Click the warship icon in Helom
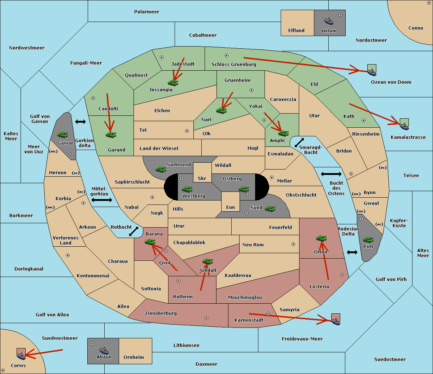(329, 21)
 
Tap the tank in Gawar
(62, 135)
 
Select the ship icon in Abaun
(104, 350)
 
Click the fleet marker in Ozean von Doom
(372, 70)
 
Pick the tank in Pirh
(368, 239)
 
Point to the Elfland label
(296, 31)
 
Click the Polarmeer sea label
(146, 12)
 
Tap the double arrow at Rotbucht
(134, 231)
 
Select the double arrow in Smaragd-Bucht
(299, 142)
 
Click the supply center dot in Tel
(187, 131)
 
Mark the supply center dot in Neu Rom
(293, 244)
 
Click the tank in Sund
(270, 208)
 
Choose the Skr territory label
(202, 178)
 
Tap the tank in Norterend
(161, 169)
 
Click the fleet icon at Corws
(21, 354)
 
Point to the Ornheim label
(134, 357)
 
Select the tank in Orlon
(321, 238)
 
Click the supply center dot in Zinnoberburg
(206, 318)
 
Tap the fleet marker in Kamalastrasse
(404, 124)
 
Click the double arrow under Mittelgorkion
(102, 200)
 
